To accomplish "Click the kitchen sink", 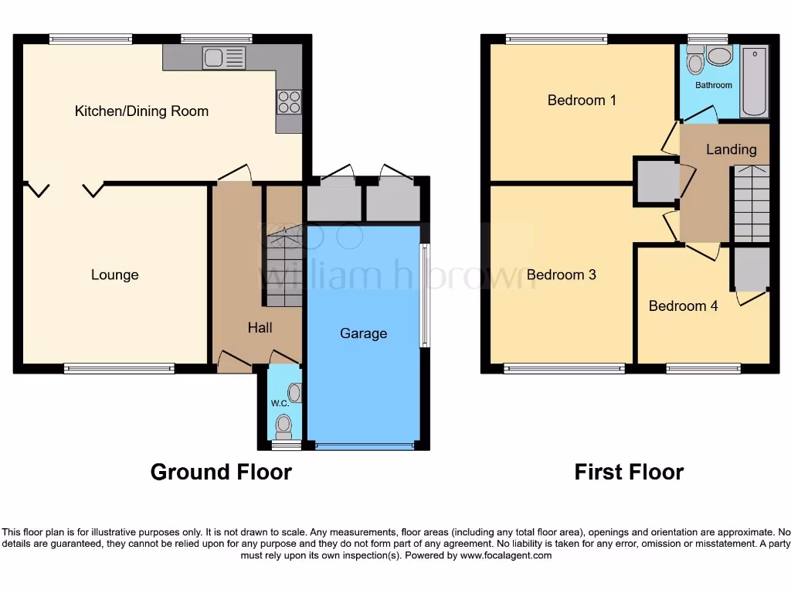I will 223,58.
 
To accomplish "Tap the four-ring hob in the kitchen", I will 289,102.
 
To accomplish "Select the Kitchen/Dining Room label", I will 141,111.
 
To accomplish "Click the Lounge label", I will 115,275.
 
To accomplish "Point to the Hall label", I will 260,328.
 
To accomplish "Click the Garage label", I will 363,333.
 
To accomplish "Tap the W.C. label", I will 278,404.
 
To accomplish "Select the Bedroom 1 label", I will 582,100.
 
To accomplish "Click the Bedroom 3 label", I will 562,275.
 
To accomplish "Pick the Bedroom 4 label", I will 683,306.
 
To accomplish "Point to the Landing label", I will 731,149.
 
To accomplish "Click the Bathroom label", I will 713,85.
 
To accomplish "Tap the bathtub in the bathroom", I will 754,80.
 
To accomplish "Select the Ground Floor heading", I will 221,472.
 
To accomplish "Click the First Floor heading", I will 629,472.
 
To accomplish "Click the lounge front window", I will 119,369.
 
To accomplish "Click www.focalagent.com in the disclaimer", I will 507,555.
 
